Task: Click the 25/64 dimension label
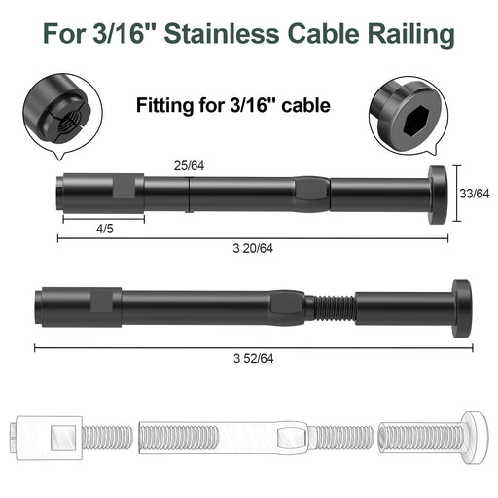pos(189,166)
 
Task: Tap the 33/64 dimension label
pos(475,194)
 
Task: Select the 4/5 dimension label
pos(105,229)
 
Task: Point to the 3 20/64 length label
pos(253,248)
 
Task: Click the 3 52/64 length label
pos(253,359)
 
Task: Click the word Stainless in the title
pos(222,33)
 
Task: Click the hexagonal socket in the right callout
pos(416,120)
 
